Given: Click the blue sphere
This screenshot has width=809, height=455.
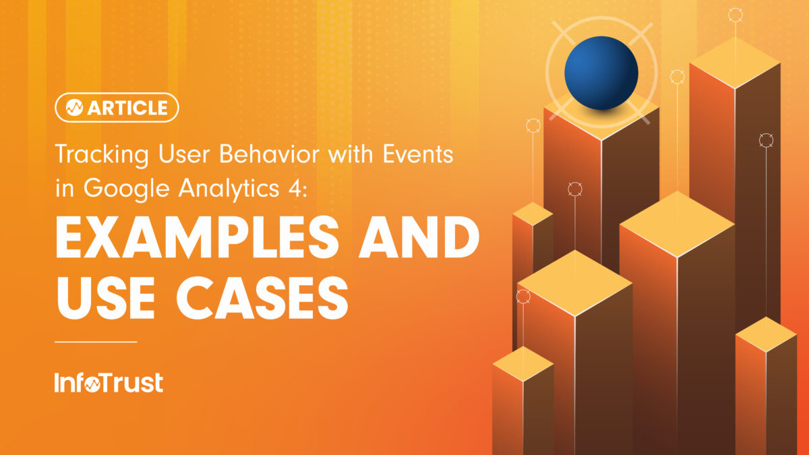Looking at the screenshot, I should pos(601,73).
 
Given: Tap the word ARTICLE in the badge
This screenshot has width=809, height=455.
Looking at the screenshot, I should pos(127,108).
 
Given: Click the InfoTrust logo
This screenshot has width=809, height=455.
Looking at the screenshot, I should pos(109,383).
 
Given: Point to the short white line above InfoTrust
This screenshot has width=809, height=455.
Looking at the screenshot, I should pos(96,342).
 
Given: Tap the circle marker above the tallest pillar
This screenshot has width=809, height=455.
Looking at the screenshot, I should pos(735,15).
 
